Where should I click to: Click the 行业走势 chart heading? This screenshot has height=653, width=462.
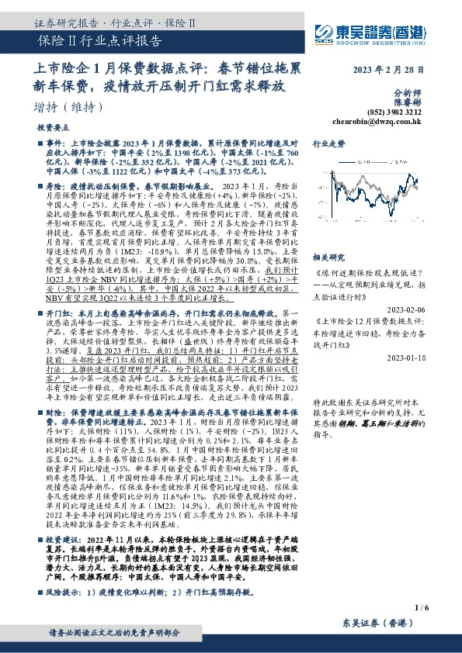(328, 144)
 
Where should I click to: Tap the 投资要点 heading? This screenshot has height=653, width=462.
(52, 126)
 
